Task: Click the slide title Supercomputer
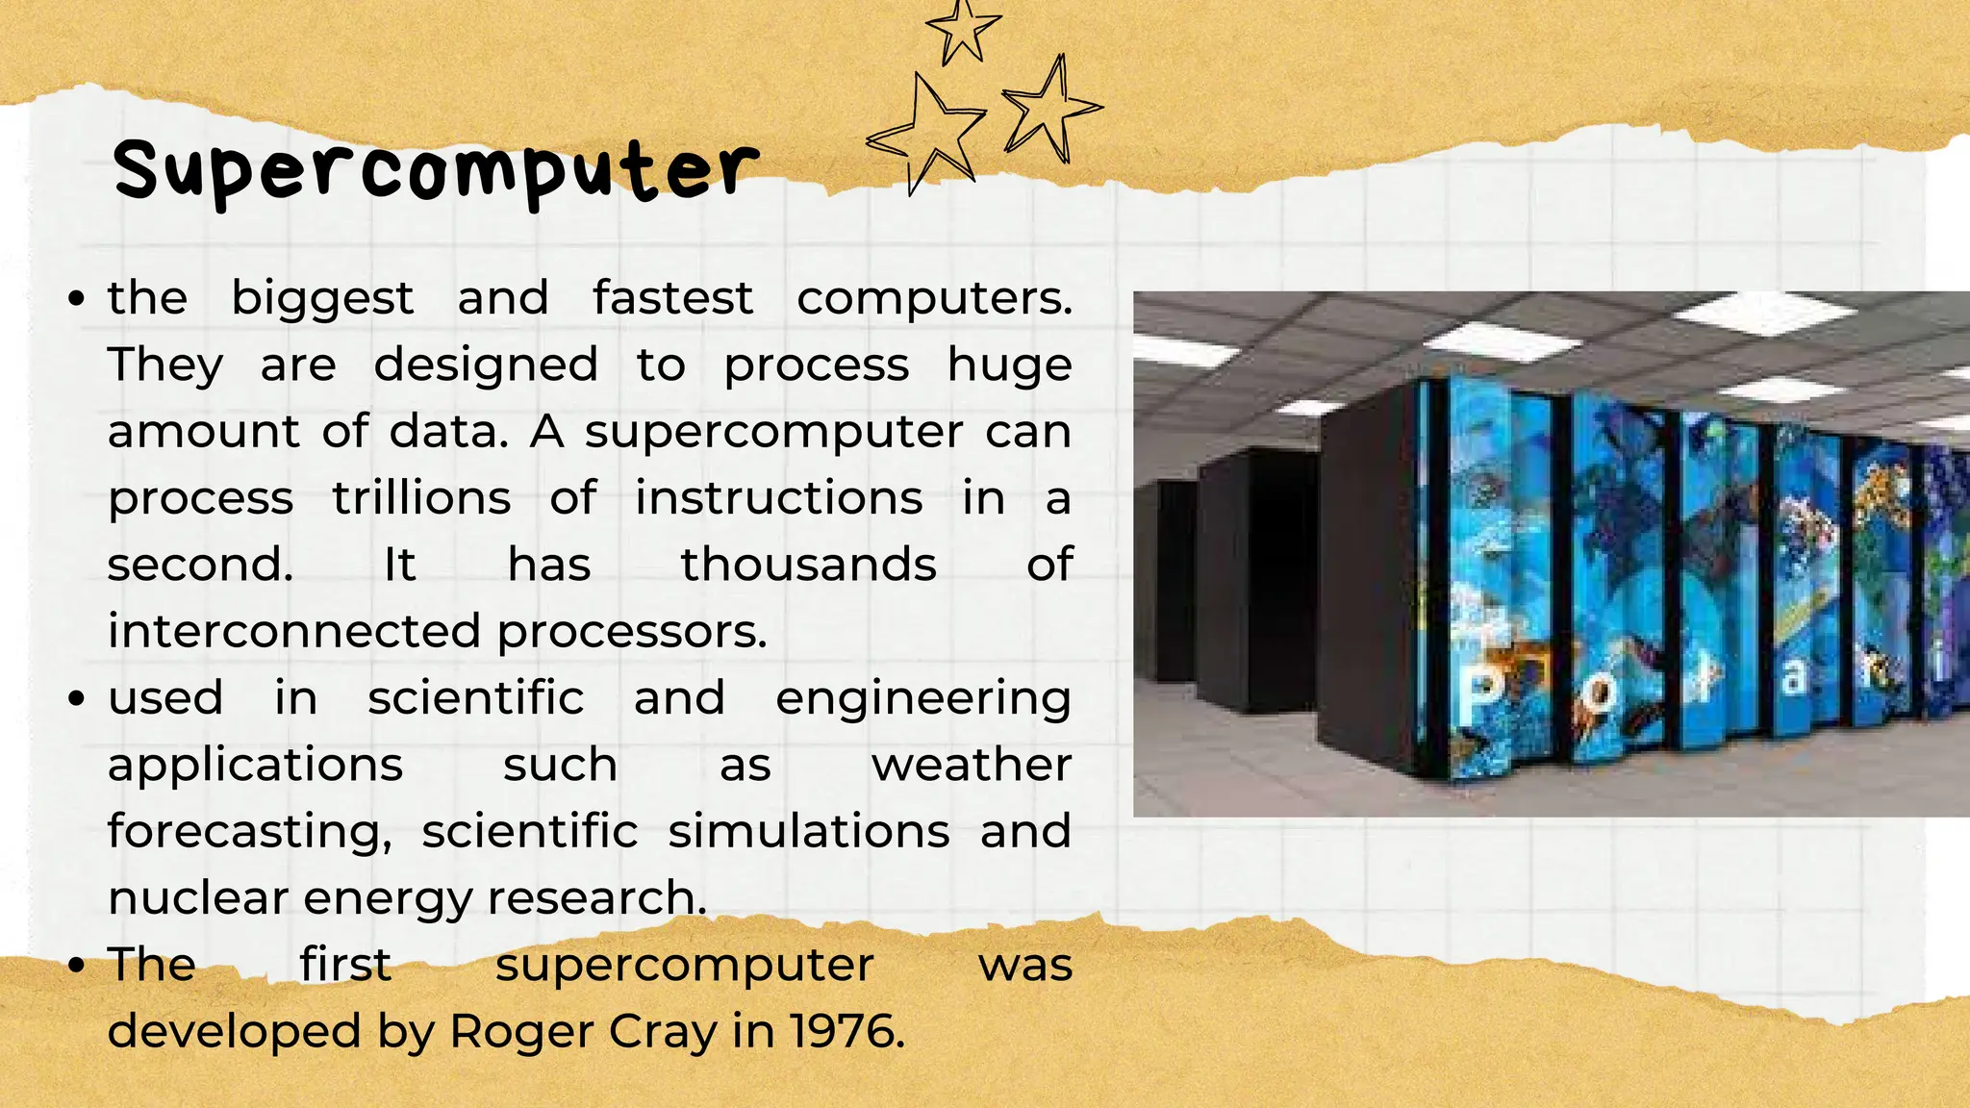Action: (435, 169)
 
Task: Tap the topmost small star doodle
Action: (962, 29)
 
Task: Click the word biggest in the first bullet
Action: (322, 299)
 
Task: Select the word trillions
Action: (421, 498)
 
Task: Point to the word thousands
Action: (808, 565)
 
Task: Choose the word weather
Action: (971, 766)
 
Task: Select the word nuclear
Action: (199, 898)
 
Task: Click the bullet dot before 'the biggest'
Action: (77, 299)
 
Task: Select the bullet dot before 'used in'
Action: (77, 699)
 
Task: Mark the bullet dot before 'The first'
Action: (77, 966)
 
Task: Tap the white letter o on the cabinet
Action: (1599, 694)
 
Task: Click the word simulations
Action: (808, 832)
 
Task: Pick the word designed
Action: (485, 366)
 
